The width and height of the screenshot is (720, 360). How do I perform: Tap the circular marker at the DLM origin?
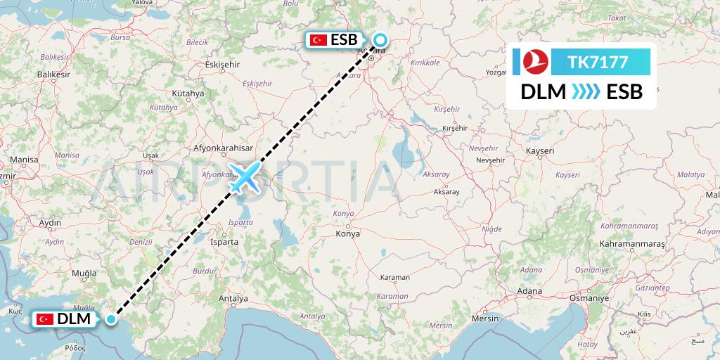[x=112, y=319]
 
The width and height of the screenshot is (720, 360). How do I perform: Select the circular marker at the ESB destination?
[x=380, y=40]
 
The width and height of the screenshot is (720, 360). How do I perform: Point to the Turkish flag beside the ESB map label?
[x=319, y=41]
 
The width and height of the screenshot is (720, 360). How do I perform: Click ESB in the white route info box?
[x=624, y=91]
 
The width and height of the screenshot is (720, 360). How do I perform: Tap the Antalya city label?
[x=234, y=297]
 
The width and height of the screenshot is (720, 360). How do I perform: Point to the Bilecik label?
[x=197, y=42]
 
